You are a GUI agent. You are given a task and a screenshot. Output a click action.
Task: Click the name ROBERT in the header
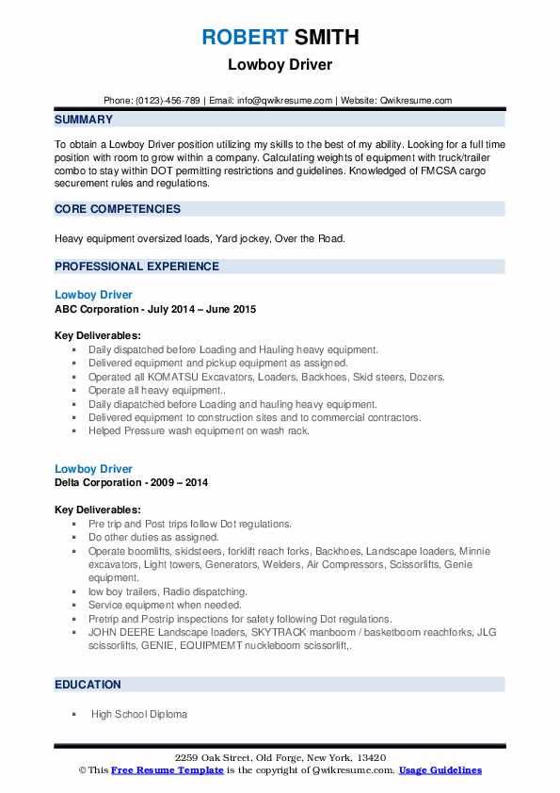(x=244, y=38)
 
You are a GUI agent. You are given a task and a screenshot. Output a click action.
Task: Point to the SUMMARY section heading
(x=84, y=120)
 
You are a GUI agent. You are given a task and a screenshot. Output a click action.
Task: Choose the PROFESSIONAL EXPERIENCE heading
(x=136, y=267)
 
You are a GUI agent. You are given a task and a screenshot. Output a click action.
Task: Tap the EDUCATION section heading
(x=88, y=685)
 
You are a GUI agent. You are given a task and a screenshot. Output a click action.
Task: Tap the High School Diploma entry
(x=139, y=714)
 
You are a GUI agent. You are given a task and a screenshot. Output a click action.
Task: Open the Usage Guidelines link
(x=440, y=770)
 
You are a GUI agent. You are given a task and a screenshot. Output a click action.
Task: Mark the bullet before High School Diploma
(x=73, y=714)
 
